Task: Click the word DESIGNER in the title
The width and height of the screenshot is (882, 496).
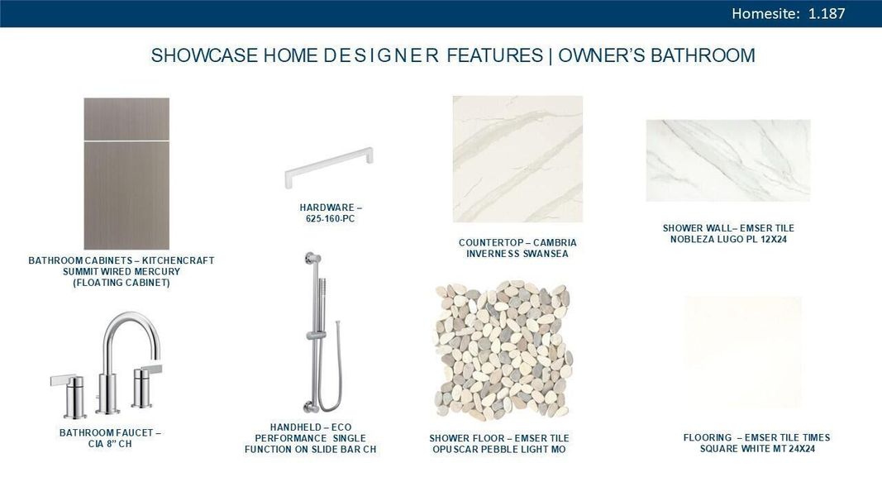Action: [x=380, y=56]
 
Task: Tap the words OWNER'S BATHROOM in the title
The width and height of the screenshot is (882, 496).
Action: [x=656, y=56]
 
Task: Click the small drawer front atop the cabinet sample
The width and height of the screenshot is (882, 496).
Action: [x=126, y=118]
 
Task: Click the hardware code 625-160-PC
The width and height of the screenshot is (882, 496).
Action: [x=331, y=219]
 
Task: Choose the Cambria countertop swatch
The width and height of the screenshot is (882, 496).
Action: [x=517, y=159]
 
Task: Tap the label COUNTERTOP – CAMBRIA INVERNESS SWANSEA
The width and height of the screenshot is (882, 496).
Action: [x=517, y=248]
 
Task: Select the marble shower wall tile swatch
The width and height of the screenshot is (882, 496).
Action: [x=727, y=160]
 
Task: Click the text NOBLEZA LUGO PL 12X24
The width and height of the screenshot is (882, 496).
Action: [x=727, y=240]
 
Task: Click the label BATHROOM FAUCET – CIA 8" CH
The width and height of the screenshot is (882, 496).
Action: [x=110, y=438]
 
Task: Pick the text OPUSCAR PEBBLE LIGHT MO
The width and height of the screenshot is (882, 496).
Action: [x=499, y=450]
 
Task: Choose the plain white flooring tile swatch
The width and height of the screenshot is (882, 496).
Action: [x=742, y=352]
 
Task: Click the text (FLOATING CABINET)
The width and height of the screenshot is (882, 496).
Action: [x=121, y=283]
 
